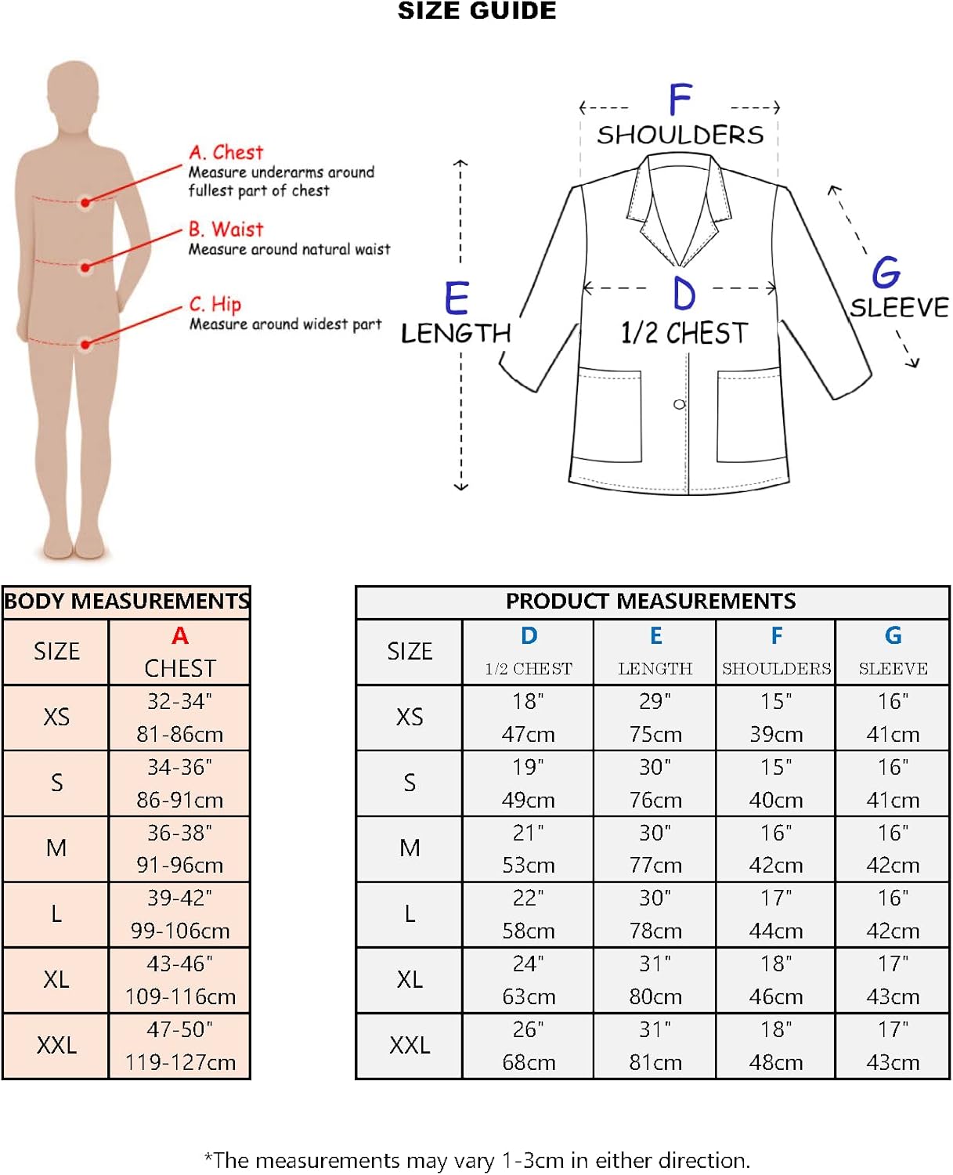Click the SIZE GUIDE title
477,11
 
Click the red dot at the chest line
85,203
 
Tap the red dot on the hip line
85,344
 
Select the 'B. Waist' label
226,230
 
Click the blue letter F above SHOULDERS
680,100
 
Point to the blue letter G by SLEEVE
886,273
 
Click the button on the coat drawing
679,404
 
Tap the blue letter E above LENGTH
457,298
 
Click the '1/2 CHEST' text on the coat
684,334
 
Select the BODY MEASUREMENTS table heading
126,602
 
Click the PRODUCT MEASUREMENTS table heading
651,602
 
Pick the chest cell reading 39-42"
180,898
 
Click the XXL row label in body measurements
56,1045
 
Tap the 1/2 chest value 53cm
529,866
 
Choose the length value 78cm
655,931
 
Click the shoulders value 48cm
776,1062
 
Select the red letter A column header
180,635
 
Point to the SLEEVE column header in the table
893,668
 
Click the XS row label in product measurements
410,717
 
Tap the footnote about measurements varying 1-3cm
477,1160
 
